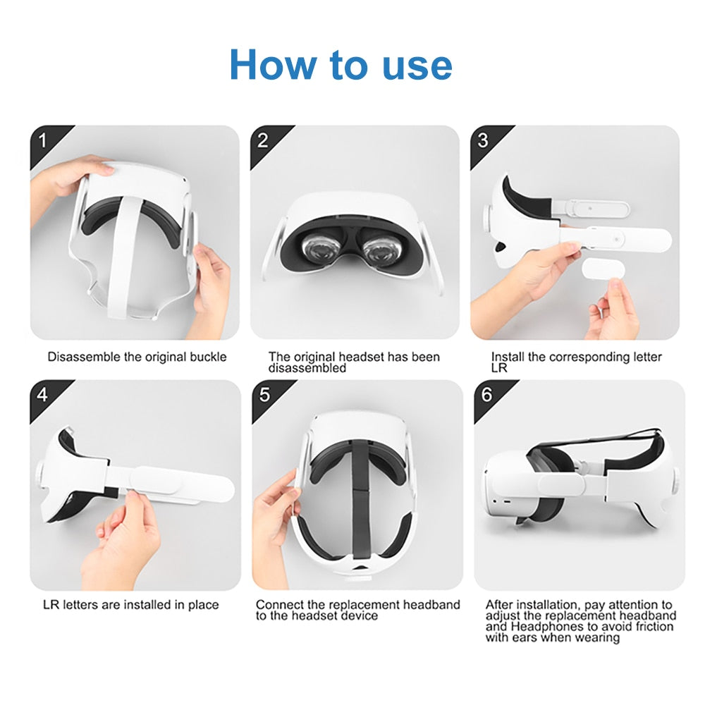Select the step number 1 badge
point(42,140)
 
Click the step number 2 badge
point(263,140)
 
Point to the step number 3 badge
point(483,140)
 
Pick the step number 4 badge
point(42,394)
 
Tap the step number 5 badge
point(264,394)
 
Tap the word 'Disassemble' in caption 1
point(84,357)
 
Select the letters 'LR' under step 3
point(499,368)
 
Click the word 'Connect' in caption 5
point(278,605)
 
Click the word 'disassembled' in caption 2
point(307,368)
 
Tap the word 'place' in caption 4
point(202,605)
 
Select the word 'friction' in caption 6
point(657,627)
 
